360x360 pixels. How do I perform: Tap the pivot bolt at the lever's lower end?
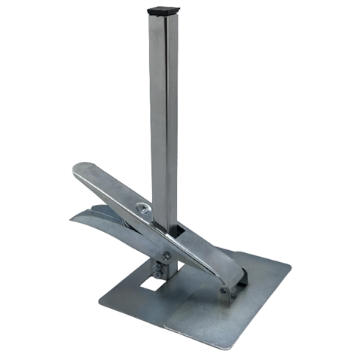point(223,291)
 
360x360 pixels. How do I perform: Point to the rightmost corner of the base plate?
point(289,264)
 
